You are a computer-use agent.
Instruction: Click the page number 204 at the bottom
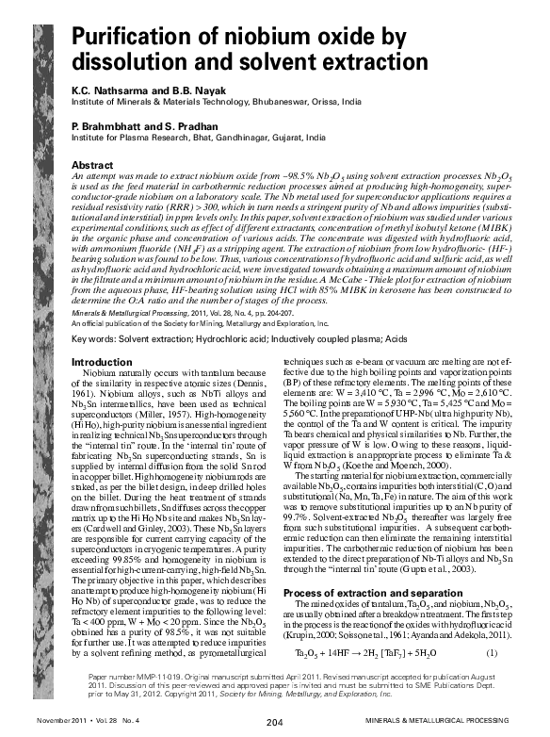pos(274,723)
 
